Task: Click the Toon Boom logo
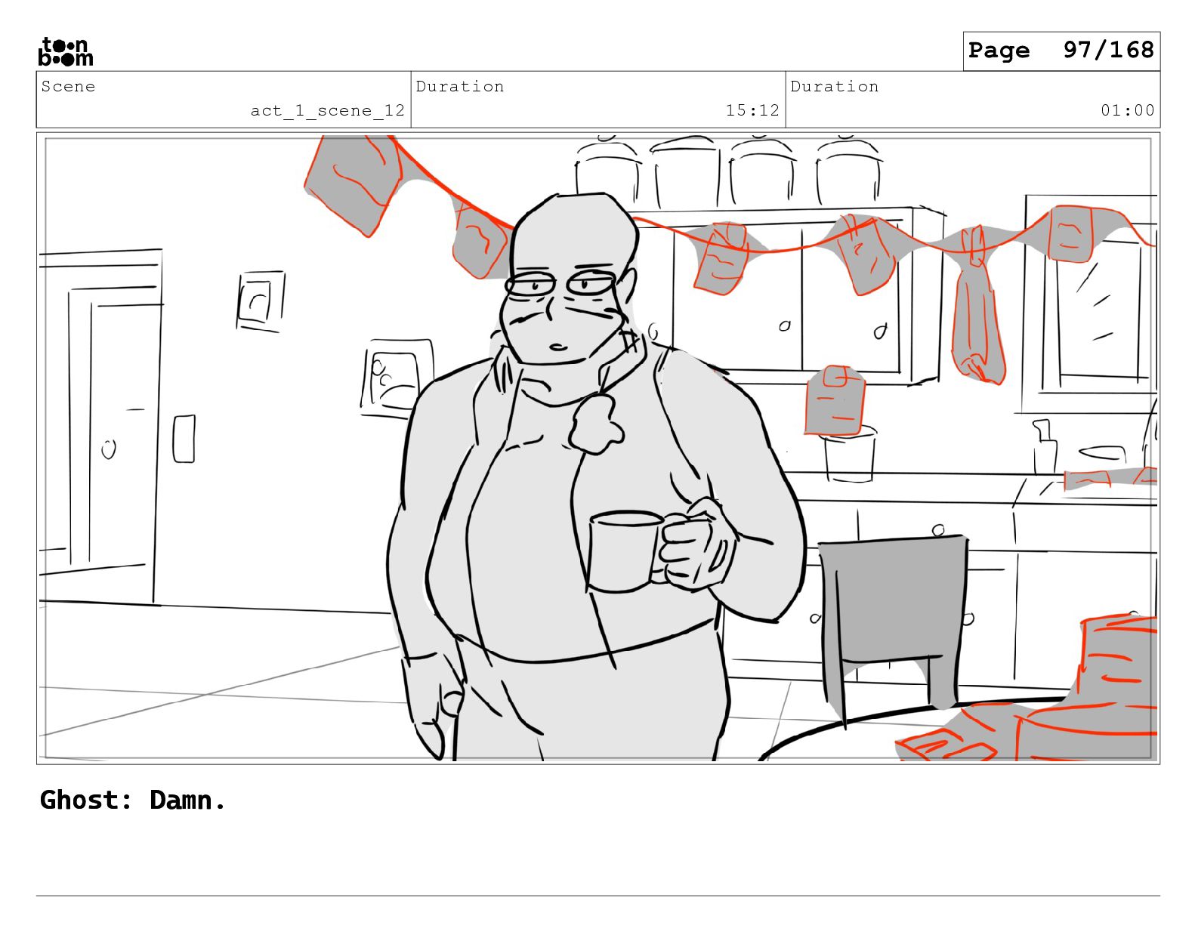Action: coord(66,51)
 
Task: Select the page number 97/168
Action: coord(1108,50)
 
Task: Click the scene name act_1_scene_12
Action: coord(327,110)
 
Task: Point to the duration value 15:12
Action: coord(752,110)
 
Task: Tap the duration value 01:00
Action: coord(1127,110)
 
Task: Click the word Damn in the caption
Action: coord(187,800)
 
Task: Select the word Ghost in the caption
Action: coord(85,800)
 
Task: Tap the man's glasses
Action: coord(560,284)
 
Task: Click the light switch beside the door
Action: coord(184,439)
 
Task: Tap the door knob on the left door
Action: coord(109,449)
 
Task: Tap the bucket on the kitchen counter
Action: coord(850,455)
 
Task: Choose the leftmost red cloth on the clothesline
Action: coord(354,184)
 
